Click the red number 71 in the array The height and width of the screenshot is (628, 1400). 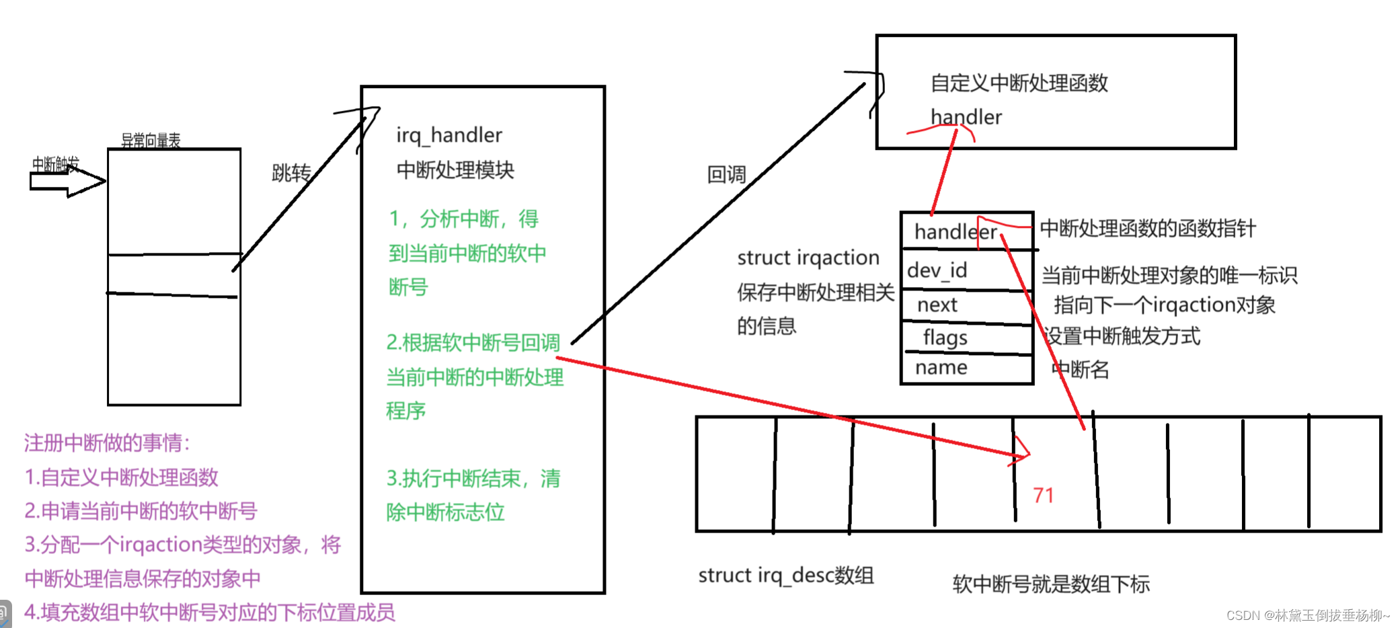(1043, 496)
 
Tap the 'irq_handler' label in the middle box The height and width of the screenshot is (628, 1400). (449, 135)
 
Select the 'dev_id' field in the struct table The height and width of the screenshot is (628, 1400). (937, 270)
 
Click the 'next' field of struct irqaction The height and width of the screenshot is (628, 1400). (937, 305)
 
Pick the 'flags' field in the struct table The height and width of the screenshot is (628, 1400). (945, 337)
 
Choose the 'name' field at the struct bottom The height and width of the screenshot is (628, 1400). (941, 368)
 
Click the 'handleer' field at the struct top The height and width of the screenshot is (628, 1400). (955, 232)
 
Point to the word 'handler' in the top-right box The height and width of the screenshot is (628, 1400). (966, 117)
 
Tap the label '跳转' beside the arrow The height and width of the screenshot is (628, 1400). (291, 173)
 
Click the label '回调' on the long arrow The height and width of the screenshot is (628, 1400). (726, 175)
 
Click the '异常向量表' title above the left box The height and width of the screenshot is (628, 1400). (151, 140)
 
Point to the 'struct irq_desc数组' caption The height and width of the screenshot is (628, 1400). (785, 576)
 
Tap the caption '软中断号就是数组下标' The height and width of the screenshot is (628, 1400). (1051, 584)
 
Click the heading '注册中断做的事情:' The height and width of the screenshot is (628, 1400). (108, 442)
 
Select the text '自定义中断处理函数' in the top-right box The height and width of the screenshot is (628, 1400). (1019, 83)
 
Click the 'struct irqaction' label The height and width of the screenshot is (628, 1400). (808, 258)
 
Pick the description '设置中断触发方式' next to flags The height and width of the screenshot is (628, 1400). (1122, 336)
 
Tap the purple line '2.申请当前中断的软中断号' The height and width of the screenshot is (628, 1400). (141, 511)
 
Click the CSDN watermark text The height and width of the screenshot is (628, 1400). (1307, 615)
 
